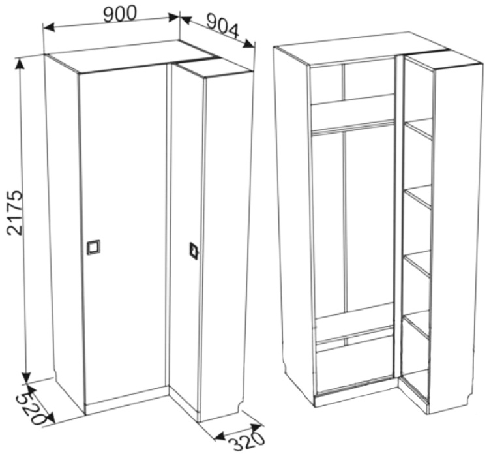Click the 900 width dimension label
pos(120,14)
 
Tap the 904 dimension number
pos(223,27)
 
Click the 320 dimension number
pos(246,441)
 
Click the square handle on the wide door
pos(93,247)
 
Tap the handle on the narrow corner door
pos(194,251)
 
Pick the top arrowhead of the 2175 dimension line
pos(21,65)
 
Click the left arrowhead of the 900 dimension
pos(49,27)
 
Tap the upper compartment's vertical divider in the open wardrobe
pos(344,82)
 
